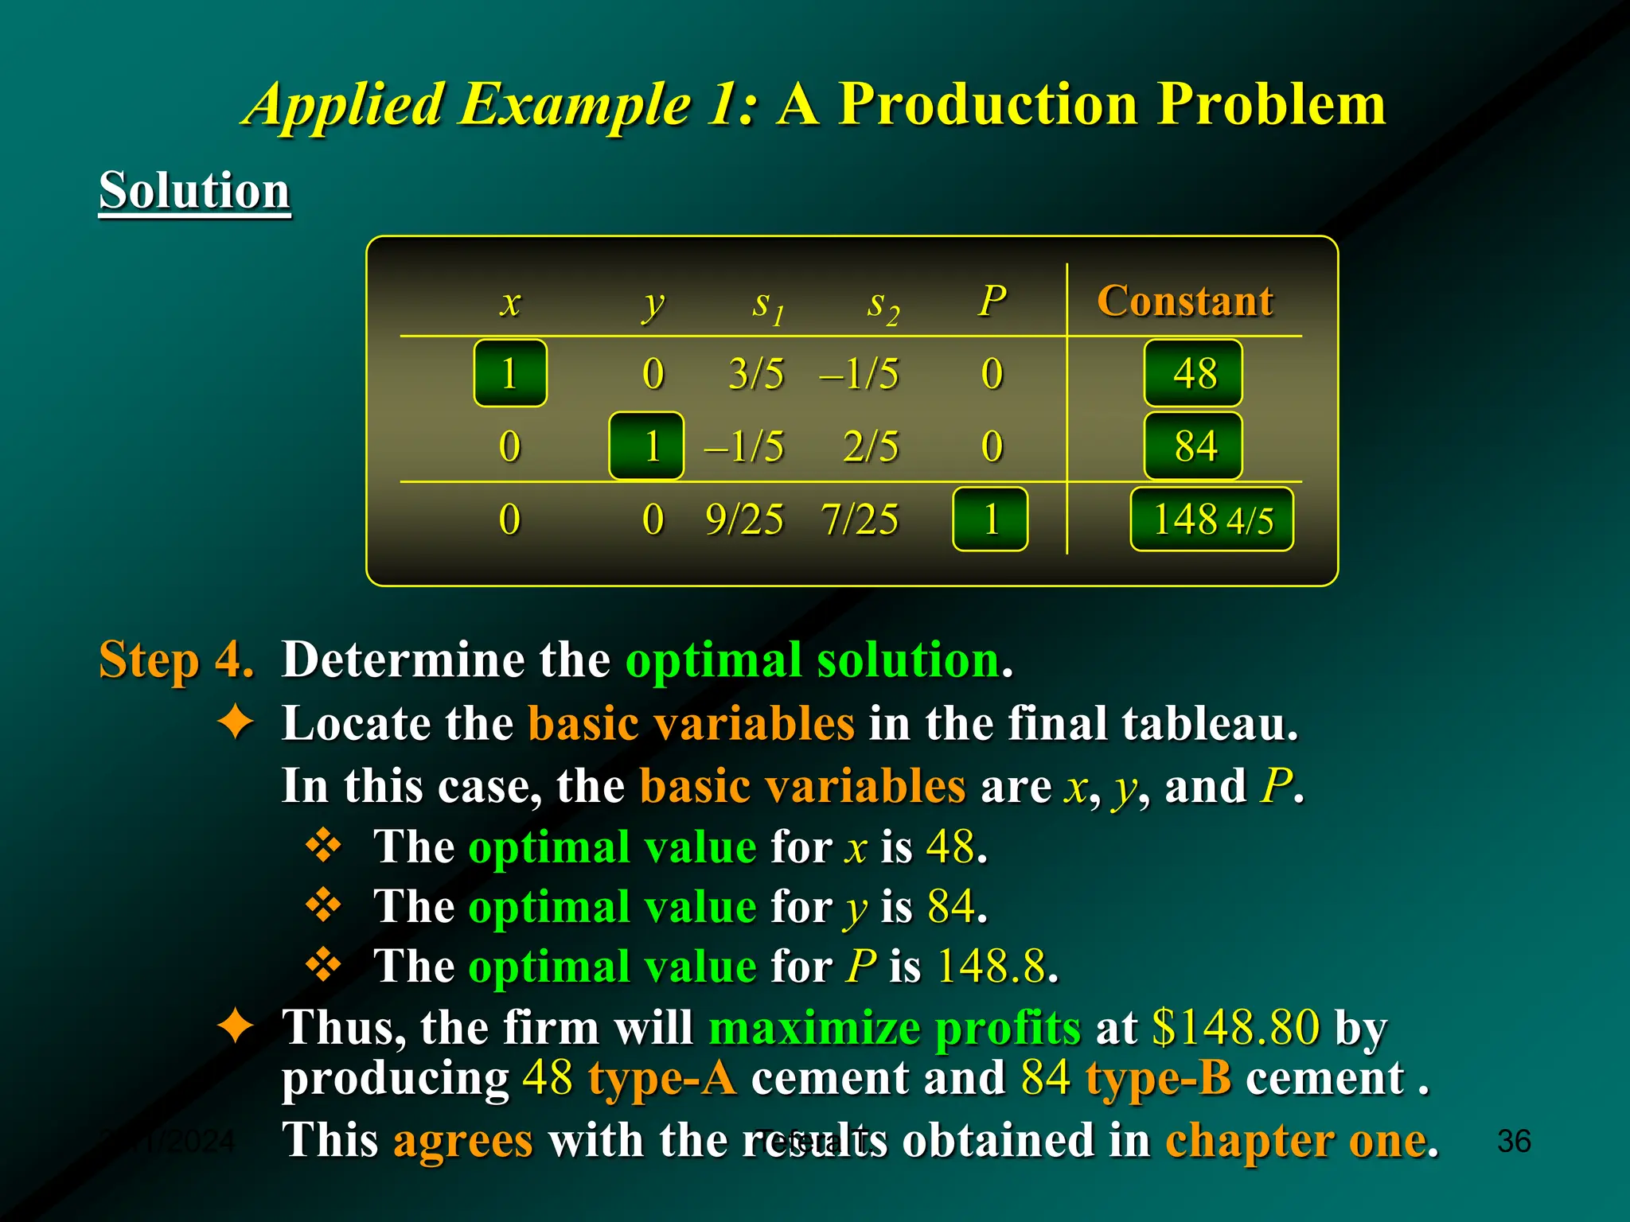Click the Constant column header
[1184, 301]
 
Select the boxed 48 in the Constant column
[1193, 373]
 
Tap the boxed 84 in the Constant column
[1193, 446]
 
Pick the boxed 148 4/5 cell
[1211, 520]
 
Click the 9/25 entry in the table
[744, 520]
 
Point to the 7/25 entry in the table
[860, 520]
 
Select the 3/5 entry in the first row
[756, 373]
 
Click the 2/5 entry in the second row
[871, 446]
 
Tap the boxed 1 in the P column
[990, 520]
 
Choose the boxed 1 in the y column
[646, 446]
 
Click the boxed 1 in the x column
[510, 373]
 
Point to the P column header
[992, 301]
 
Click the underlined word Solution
[194, 191]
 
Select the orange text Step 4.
[176, 660]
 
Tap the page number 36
[1513, 1141]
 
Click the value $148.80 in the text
[1236, 1027]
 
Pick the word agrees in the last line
[462, 1140]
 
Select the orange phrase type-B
[1159, 1078]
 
